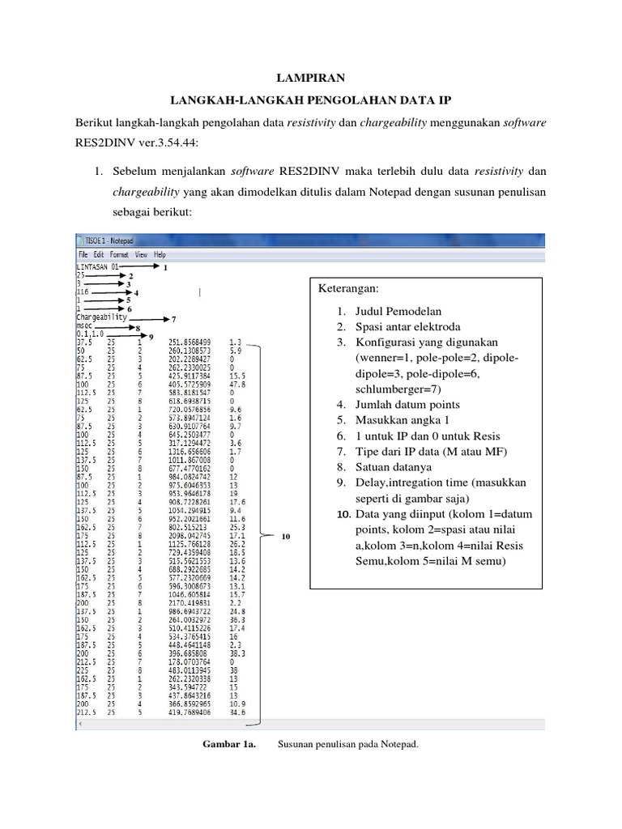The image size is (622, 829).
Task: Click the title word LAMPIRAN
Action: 310,79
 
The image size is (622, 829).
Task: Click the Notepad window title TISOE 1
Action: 109,240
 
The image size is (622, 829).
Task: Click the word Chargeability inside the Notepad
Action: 101,318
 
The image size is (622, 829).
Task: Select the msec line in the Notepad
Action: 85,328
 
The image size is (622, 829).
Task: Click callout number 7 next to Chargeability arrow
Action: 173,319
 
